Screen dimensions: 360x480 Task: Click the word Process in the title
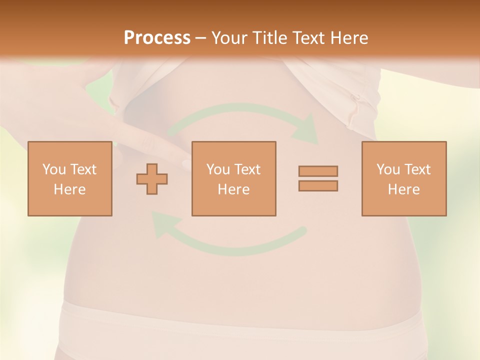[x=157, y=38]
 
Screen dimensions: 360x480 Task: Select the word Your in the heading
[x=228, y=38]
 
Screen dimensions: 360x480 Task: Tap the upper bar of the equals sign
[x=318, y=171]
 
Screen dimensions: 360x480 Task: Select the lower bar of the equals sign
[x=318, y=185]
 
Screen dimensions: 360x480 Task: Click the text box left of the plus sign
[x=70, y=178]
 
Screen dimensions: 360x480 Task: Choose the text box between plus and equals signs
[x=233, y=178]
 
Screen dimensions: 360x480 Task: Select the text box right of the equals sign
[x=404, y=178]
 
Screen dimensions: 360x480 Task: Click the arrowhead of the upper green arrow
[x=307, y=130]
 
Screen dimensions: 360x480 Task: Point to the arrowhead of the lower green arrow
[x=162, y=224]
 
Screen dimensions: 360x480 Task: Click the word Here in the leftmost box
[x=69, y=189]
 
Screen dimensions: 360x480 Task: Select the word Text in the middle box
[x=247, y=169]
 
